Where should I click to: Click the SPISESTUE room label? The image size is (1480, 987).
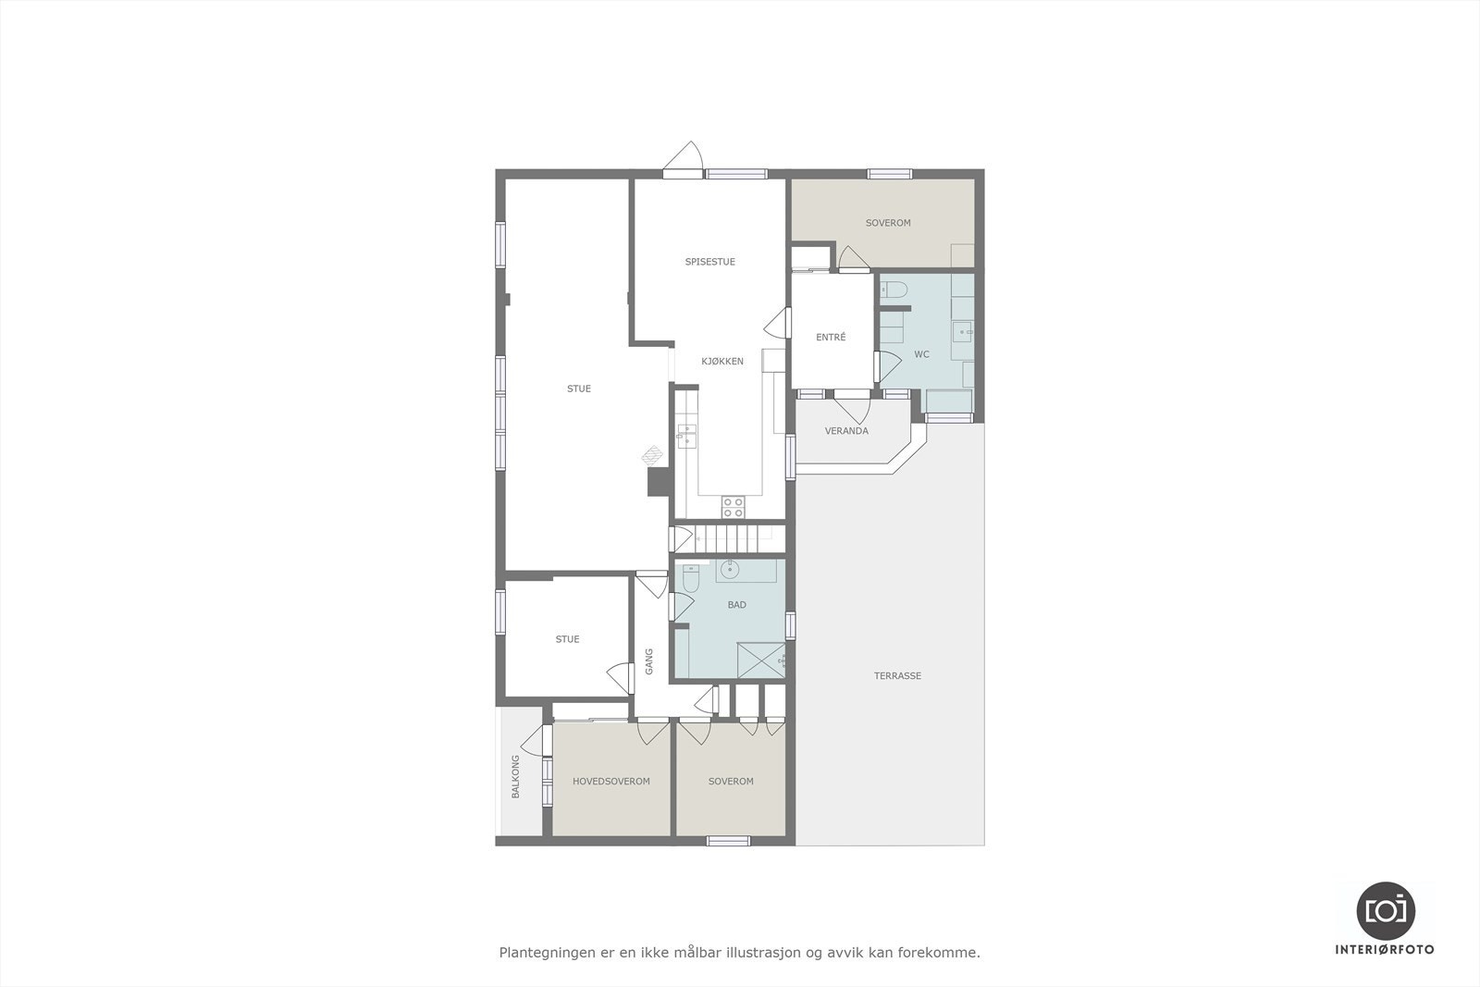click(x=709, y=262)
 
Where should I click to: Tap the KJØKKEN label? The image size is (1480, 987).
click(x=721, y=362)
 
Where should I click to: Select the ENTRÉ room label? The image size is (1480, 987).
click(x=831, y=338)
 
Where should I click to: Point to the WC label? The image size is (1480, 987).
click(x=921, y=354)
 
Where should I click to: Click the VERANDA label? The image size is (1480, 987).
click(x=846, y=431)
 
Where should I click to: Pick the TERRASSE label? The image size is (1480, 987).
click(x=897, y=676)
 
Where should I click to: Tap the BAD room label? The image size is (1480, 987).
click(x=736, y=605)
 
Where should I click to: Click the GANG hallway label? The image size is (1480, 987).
click(x=649, y=660)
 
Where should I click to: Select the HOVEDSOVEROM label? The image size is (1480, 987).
click(x=610, y=782)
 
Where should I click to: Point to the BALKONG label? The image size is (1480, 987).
click(x=515, y=777)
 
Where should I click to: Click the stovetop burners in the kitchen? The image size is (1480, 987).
click(x=733, y=506)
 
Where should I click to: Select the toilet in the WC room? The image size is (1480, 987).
click(x=894, y=292)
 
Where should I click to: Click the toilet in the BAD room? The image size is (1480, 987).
click(x=690, y=579)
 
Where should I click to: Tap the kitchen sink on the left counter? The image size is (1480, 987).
click(x=686, y=435)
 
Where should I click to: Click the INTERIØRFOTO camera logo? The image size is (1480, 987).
click(x=1385, y=910)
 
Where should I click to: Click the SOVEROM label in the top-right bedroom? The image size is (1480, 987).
click(x=888, y=223)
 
